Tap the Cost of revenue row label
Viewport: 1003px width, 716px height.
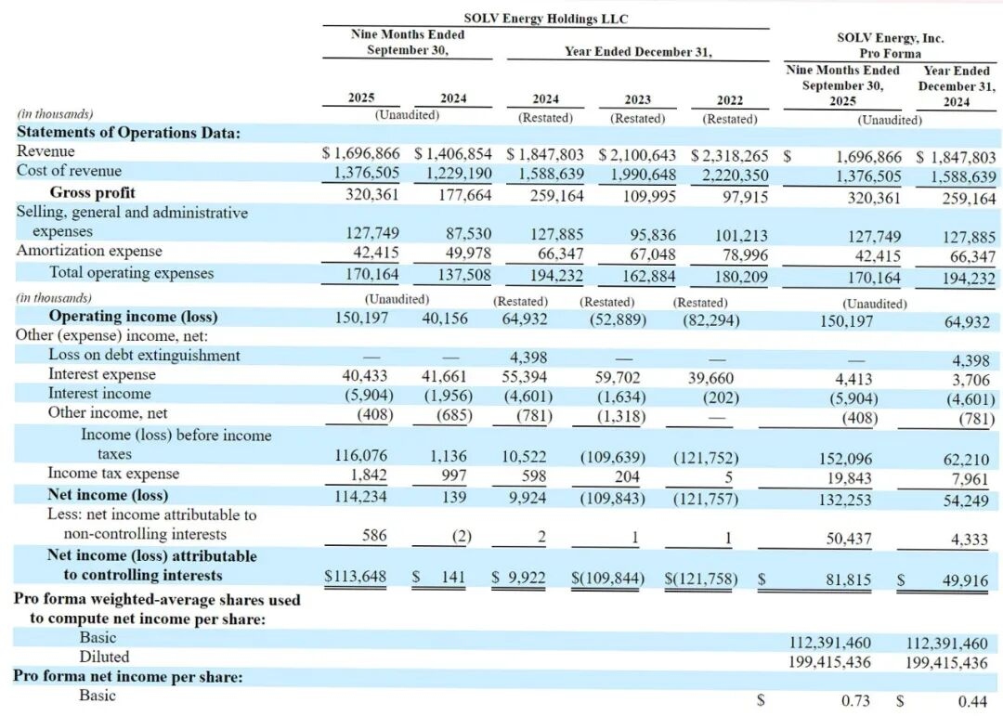pos(69,171)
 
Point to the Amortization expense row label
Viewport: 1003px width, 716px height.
pos(89,251)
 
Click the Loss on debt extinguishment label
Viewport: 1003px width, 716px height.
pos(144,355)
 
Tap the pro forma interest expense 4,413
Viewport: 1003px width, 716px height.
pos(863,377)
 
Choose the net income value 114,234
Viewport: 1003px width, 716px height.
pos(361,495)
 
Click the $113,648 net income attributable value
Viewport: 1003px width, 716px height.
pos(356,577)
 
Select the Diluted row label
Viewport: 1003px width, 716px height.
pos(104,657)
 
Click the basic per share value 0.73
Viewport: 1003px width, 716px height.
pos(855,700)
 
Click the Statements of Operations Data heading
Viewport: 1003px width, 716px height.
pos(129,132)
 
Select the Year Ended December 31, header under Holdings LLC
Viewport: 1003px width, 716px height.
pos(637,51)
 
